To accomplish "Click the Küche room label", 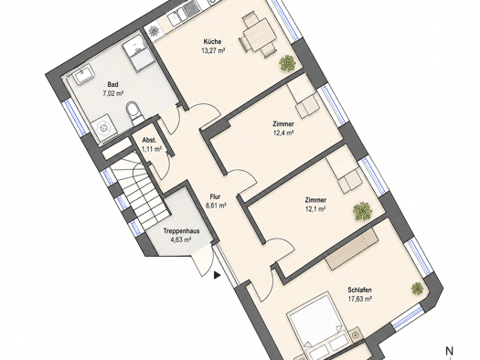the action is click(x=212, y=42).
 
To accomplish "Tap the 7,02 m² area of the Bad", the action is click(x=113, y=93).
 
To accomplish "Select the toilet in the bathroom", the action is click(x=133, y=111).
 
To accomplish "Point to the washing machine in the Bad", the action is click(x=103, y=128).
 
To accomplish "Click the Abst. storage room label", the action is click(x=149, y=141).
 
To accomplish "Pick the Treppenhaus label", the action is click(x=181, y=231).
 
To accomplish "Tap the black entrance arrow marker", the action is click(x=217, y=275).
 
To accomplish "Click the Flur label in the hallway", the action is click(x=215, y=197).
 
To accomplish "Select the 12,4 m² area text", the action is click(x=283, y=132).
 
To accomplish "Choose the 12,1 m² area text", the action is click(x=315, y=209).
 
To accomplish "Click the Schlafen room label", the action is click(x=359, y=290).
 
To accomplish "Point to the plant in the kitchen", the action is click(x=287, y=63).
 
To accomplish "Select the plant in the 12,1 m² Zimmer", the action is click(x=362, y=211).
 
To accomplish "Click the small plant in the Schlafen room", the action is click(x=417, y=289).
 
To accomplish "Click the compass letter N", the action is click(x=449, y=351).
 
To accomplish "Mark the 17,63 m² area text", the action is click(x=360, y=299).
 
